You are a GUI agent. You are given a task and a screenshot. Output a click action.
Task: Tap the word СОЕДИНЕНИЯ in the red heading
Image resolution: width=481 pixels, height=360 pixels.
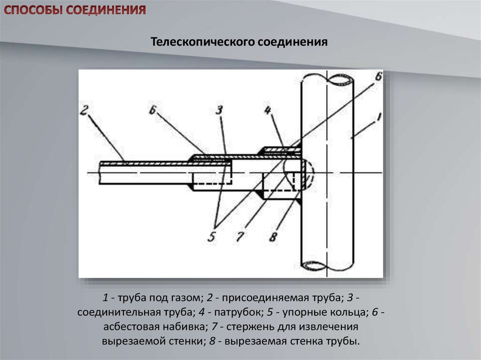coord(106,10)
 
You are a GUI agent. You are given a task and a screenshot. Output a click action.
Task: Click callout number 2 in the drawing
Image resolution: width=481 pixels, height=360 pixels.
coord(84,110)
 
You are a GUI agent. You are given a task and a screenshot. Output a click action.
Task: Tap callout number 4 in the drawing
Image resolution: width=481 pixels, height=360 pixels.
coord(268,110)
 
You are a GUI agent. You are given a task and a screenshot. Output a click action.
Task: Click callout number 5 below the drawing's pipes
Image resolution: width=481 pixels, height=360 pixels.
coord(212,237)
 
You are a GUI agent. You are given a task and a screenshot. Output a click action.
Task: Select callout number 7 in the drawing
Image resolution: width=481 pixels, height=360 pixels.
coord(240,237)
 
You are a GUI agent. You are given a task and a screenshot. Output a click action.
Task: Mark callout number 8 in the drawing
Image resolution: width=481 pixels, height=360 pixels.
coord(273,237)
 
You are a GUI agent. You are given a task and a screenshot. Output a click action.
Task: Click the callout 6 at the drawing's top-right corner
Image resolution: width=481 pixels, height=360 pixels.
coord(379,77)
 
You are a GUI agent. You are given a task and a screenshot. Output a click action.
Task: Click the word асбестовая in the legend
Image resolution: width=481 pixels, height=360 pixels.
coord(131,327)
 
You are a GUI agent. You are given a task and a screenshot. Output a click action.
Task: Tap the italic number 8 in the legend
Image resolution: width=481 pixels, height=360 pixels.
coord(212,341)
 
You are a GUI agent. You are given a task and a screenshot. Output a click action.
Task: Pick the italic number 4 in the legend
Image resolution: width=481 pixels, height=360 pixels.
coord(202,313)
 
